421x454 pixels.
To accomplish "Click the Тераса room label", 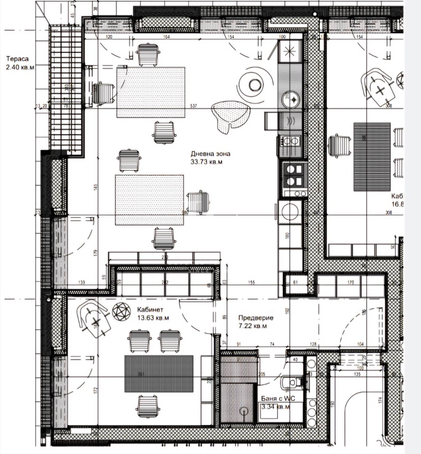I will coord(17,59).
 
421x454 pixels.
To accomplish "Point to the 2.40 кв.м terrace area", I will coord(20,67).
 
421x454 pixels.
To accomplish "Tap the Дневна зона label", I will coord(210,154).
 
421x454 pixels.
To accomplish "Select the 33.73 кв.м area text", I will coord(206,162).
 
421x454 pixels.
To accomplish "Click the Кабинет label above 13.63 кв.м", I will coord(150,310).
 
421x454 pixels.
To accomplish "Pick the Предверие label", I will coord(256,318).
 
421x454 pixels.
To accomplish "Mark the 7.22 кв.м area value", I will coord(253,326).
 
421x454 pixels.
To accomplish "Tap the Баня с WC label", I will coord(278,398).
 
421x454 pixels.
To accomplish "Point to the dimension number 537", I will coord(193,106).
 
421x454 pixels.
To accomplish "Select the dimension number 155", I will coord(251,282).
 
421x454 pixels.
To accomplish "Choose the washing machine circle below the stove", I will coord(290,211).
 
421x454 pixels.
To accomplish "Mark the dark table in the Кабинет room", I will coord(159,374).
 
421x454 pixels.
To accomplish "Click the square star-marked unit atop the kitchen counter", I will coord(289,51).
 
